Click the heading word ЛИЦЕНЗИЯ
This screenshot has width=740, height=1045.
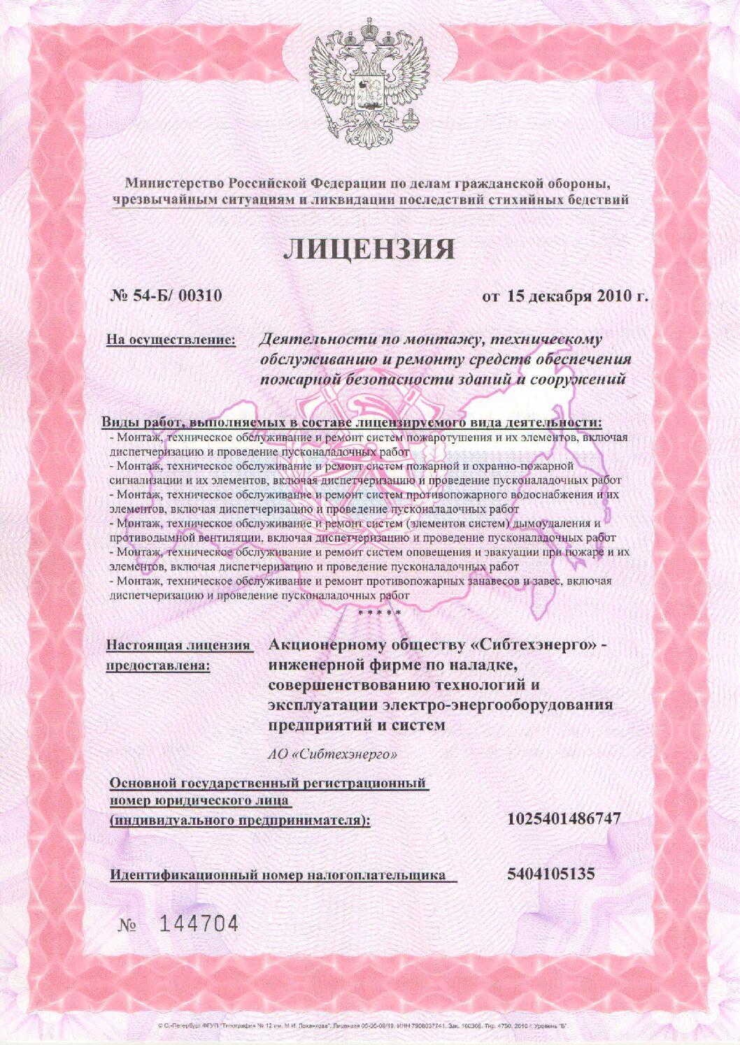click(x=369, y=250)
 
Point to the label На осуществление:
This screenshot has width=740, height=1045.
click(x=171, y=340)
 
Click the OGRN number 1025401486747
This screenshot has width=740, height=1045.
click(x=564, y=819)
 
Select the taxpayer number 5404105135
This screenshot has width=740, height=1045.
click(x=550, y=874)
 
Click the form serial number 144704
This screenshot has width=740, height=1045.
click(x=199, y=925)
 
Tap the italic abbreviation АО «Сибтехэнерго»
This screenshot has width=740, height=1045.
click(x=333, y=755)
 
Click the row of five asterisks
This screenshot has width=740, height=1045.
click(x=379, y=613)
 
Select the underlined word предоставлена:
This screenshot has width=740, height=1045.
click(x=158, y=665)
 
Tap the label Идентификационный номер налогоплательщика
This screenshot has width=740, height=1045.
click(x=278, y=874)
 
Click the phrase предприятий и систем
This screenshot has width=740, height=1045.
click(x=357, y=726)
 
